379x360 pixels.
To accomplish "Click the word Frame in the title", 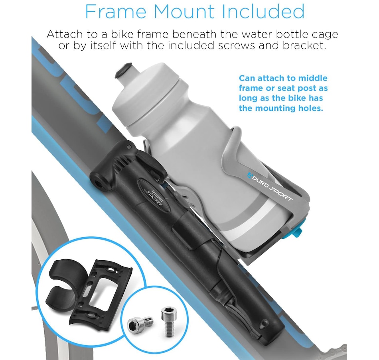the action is (116, 11).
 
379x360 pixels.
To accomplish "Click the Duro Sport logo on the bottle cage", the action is (270, 186).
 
